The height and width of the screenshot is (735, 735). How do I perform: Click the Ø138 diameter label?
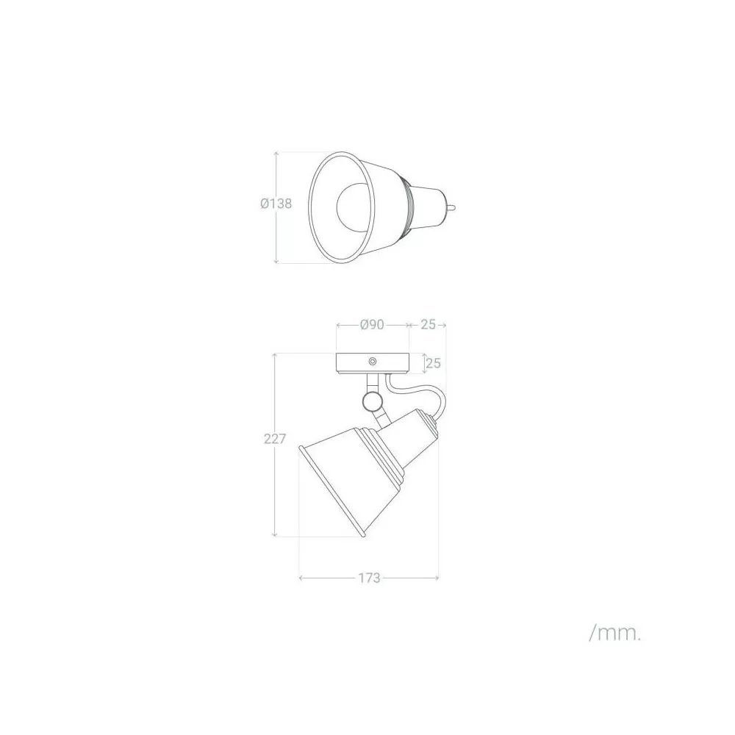click(276, 204)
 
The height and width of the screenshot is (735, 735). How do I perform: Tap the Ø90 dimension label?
click(372, 324)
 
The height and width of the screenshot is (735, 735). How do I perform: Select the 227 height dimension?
click(275, 439)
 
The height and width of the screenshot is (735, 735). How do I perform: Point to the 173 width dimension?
click(370, 578)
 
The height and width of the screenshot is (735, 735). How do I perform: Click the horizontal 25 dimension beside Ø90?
click(428, 324)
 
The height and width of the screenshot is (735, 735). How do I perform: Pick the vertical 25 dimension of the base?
click(433, 363)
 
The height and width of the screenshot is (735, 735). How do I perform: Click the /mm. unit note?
click(614, 634)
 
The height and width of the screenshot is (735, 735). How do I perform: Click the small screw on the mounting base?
click(373, 362)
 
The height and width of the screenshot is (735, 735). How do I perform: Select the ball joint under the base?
click(372, 401)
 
